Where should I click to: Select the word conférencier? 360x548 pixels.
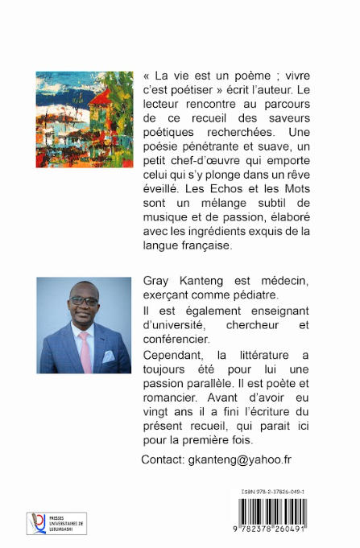coord(174,340)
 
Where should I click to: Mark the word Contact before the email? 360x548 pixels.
coord(163,459)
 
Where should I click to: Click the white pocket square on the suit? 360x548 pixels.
coord(109,356)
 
